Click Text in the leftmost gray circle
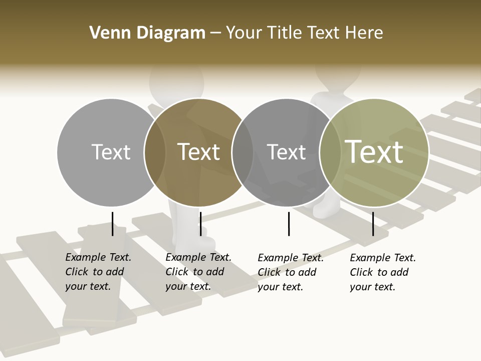(111, 152)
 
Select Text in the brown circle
(198, 152)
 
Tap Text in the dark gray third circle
(286, 152)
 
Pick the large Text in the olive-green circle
(374, 151)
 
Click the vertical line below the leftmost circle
(112, 224)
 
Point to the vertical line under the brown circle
(200, 224)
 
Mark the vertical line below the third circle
(289, 224)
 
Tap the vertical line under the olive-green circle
(373, 224)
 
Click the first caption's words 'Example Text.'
(98, 257)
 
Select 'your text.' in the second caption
(188, 286)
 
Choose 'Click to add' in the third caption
(287, 272)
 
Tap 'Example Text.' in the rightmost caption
(383, 258)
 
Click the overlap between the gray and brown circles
(155, 152)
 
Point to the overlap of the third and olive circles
(330, 152)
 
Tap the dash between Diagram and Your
(215, 33)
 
